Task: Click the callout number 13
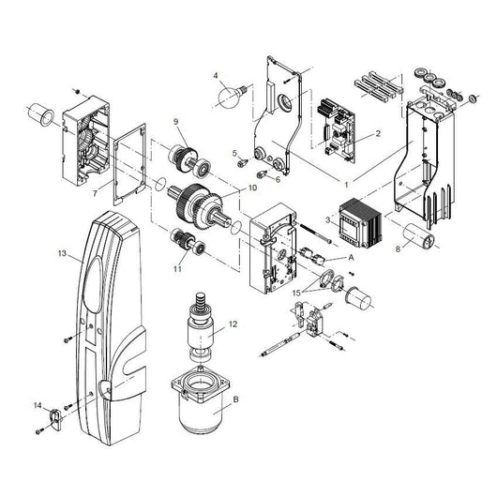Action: [x=60, y=255]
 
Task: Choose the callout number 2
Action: [x=377, y=133]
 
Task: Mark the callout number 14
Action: [x=37, y=405]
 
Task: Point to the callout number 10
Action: [x=251, y=188]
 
